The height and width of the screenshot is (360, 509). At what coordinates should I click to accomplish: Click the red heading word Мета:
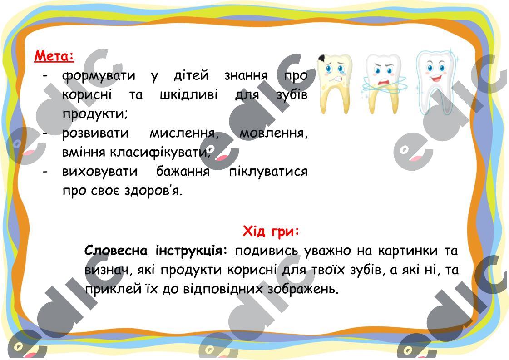[x=54, y=56]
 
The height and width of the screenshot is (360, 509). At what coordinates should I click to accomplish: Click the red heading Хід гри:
[x=271, y=232]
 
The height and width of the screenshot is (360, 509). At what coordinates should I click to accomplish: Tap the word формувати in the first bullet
[x=99, y=76]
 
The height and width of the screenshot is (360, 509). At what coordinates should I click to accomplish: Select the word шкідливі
[x=188, y=94]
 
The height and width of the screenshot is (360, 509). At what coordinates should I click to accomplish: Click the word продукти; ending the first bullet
[x=95, y=114]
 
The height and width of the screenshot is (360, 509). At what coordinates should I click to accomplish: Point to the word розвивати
[x=95, y=133]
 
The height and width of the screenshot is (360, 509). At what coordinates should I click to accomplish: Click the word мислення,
[x=184, y=133]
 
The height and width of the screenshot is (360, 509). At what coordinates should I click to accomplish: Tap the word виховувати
[x=99, y=172]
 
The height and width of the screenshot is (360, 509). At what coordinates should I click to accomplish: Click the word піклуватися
[x=268, y=172]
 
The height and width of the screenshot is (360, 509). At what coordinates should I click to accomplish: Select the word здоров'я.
[x=153, y=191]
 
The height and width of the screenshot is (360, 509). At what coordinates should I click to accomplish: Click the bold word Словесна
[x=116, y=251]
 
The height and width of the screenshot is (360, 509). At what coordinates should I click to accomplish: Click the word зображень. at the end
[x=303, y=289]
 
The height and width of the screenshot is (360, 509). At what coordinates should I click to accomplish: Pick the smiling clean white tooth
[x=435, y=83]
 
